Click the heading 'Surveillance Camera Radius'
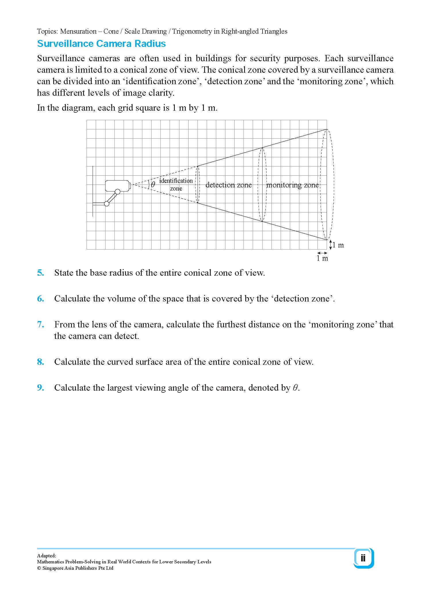(x=101, y=44)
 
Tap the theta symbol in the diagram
(x=153, y=185)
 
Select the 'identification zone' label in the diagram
(x=176, y=185)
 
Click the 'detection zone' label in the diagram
(x=229, y=185)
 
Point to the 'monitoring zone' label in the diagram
(x=292, y=185)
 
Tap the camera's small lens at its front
(x=130, y=186)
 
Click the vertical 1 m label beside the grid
(x=338, y=245)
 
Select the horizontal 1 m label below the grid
(x=322, y=258)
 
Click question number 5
(x=41, y=273)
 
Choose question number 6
(x=41, y=299)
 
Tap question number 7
(x=41, y=325)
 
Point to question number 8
(x=41, y=362)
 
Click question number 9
(x=41, y=388)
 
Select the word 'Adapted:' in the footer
(x=47, y=556)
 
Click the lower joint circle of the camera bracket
(x=107, y=204)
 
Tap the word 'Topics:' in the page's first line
(x=48, y=31)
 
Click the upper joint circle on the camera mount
(x=117, y=191)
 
